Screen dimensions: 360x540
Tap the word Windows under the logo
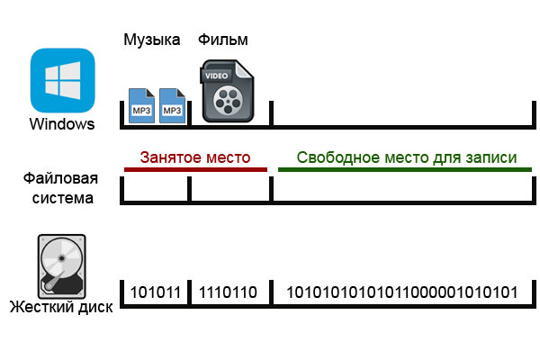[61, 123]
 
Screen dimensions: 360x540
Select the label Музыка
[151, 40]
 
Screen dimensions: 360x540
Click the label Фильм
[222, 40]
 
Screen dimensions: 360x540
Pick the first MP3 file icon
[142, 104]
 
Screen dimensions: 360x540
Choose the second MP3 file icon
[172, 104]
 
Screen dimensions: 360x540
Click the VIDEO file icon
[228, 91]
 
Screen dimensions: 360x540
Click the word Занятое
[168, 157]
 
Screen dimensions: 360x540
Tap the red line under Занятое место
[195, 169]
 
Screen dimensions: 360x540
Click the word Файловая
[60, 180]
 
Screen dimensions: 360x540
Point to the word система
[60, 197]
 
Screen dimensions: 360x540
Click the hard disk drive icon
[61, 265]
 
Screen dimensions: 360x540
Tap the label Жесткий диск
[61, 308]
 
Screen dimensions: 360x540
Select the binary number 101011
[156, 292]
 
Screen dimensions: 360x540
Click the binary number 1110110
[227, 292]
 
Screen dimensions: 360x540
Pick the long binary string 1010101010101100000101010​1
[401, 292]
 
